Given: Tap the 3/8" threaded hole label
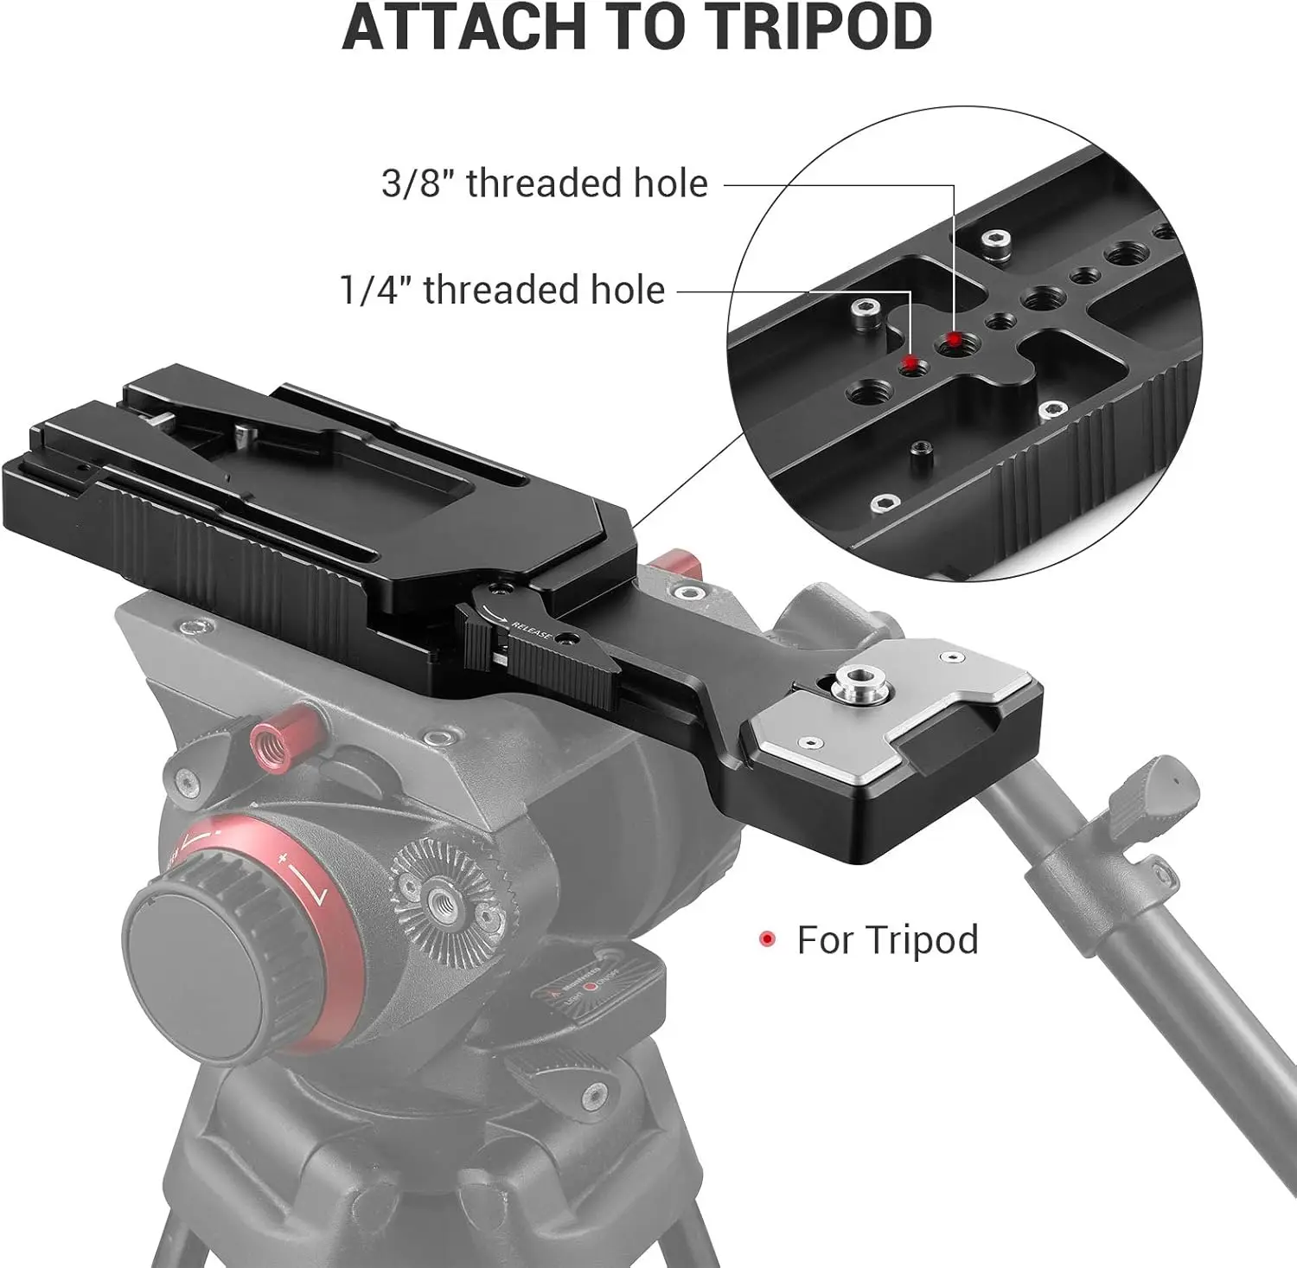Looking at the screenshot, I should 544,183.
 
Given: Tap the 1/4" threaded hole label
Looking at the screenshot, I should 502,289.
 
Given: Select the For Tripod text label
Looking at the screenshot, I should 887,939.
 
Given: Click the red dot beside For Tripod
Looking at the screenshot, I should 766,939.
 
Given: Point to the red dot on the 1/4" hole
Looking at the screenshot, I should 909,361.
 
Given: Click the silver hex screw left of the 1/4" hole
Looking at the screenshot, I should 862,308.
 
